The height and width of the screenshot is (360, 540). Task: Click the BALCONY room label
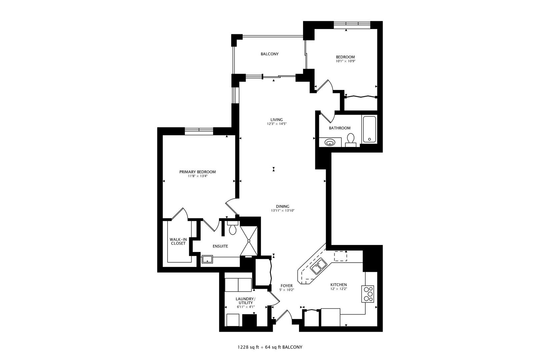point(269,54)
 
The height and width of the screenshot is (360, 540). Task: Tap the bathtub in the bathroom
point(369,129)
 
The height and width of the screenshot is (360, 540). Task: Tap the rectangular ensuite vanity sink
point(207,259)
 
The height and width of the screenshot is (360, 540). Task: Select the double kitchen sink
point(318,266)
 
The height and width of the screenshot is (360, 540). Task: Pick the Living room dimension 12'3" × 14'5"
point(277,124)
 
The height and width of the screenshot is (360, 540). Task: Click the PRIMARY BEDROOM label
point(198,172)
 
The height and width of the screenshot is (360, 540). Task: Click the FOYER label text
point(286,286)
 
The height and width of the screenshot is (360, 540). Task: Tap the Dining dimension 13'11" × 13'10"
point(283,211)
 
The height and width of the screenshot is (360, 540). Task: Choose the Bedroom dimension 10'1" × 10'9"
point(345,61)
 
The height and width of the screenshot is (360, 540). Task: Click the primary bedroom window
point(199,131)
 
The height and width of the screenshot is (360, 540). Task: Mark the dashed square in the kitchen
point(341,256)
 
